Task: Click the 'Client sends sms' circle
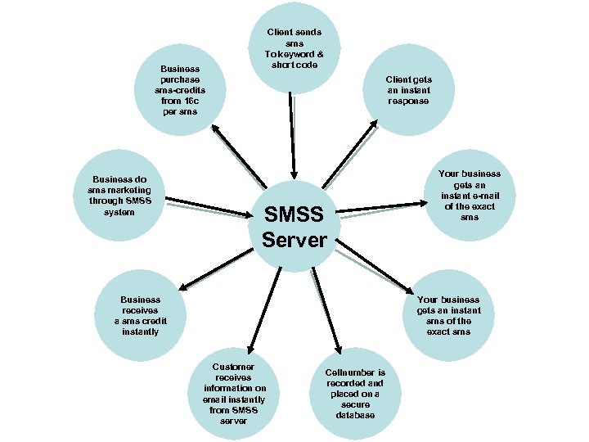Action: click(294, 49)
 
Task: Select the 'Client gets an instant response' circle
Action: click(409, 90)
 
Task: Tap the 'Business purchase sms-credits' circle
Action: click(180, 90)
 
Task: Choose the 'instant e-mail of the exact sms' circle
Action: click(469, 195)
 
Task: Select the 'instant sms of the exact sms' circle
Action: click(448, 315)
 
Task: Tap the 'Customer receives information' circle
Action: click(233, 393)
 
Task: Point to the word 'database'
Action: click(354, 415)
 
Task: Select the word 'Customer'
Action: click(233, 367)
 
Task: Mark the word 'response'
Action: click(409, 101)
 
